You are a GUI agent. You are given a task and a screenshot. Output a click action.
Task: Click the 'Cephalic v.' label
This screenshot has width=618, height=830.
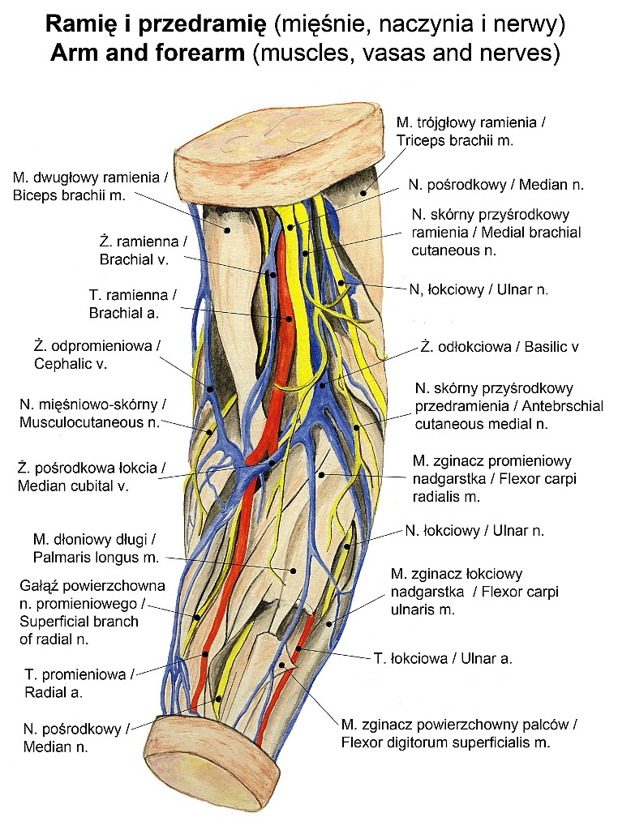click(71, 364)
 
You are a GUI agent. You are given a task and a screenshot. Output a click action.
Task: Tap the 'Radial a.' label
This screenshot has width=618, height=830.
click(54, 692)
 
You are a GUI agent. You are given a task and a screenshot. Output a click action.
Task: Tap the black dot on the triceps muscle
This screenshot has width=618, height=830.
click(364, 193)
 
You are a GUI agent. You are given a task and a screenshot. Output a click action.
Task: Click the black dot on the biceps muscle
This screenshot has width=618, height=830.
click(228, 229)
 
